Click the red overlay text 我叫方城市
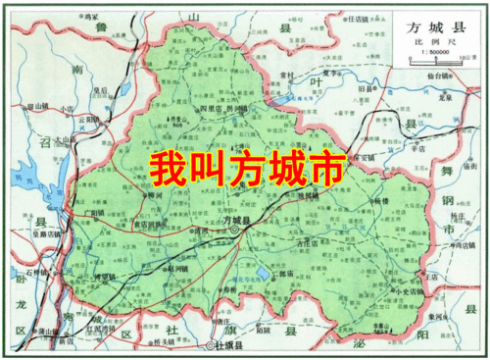tap(244, 169)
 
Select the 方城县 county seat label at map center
tap(237, 222)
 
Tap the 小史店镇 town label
tap(409, 293)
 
